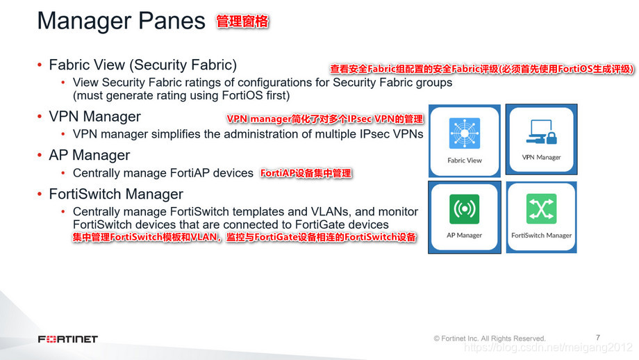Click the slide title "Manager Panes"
click(x=121, y=21)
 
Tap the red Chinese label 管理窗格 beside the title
click(x=242, y=22)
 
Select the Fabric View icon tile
click(x=465, y=133)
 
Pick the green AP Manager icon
click(x=465, y=208)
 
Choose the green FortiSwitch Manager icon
click(x=541, y=208)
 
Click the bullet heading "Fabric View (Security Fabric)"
click(x=142, y=65)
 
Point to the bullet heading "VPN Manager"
click(x=94, y=116)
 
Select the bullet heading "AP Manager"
click(x=90, y=155)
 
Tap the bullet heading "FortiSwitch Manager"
click(x=116, y=194)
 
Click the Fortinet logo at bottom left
click(x=68, y=339)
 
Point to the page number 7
click(x=598, y=336)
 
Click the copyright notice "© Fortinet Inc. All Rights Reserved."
click(x=490, y=338)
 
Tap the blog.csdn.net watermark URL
click(x=548, y=347)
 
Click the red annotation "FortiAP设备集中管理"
click(x=306, y=173)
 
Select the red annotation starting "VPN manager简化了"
click(x=324, y=120)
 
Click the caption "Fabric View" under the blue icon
click(x=465, y=160)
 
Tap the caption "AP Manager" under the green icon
click(x=465, y=235)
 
